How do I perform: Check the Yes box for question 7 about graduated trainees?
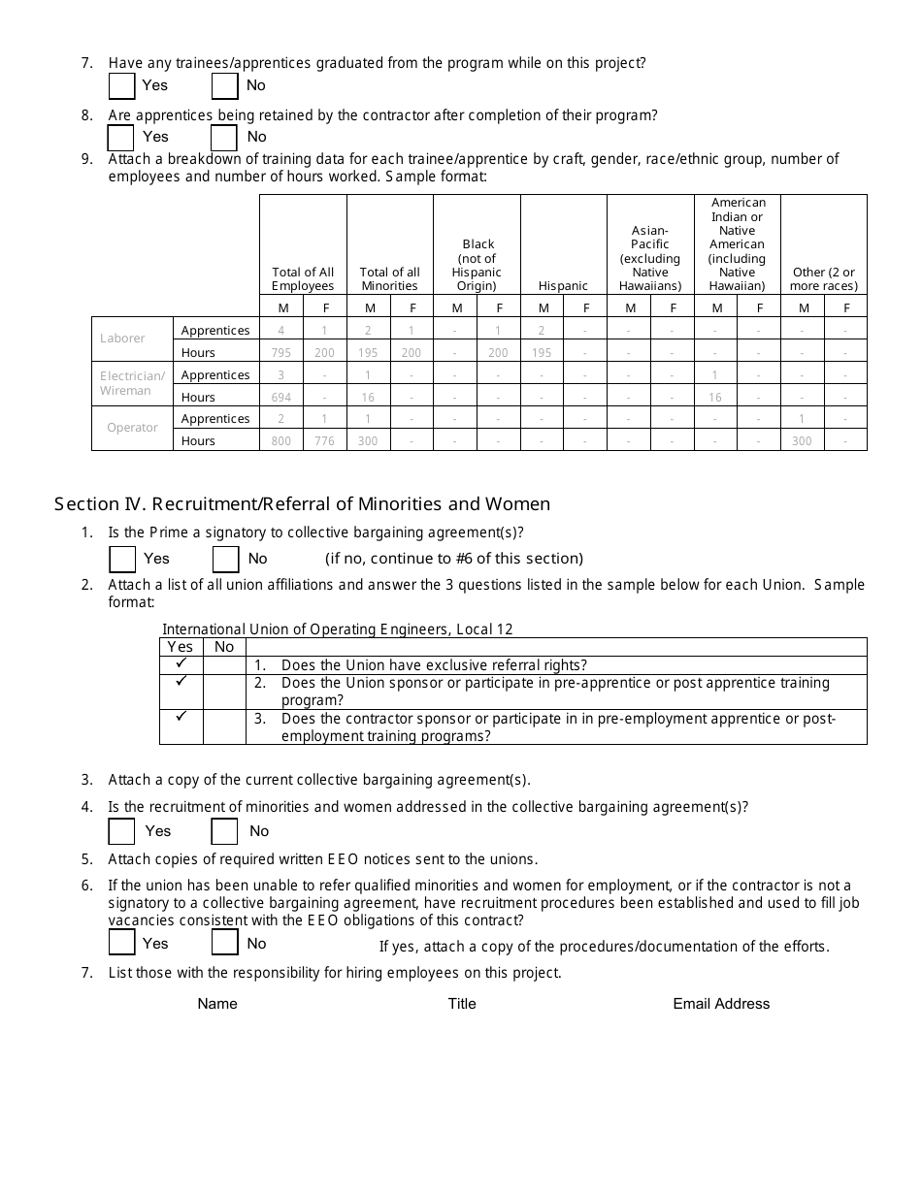pos(122,86)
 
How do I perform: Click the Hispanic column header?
pos(564,286)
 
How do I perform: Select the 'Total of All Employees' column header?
pos(303,279)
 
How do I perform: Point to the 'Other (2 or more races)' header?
pos(823,279)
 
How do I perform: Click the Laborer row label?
pos(123,339)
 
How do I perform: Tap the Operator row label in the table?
pos(132,428)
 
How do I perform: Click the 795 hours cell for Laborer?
pos(281,353)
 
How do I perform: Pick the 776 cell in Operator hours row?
pos(324,441)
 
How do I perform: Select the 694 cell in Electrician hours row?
pos(281,398)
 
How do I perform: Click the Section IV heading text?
pos(302,504)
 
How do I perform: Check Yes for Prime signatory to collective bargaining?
pos(122,560)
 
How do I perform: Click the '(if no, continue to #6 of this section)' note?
pos(453,559)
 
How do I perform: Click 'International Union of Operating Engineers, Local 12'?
pos(338,629)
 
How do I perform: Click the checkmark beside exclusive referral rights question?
pos(181,664)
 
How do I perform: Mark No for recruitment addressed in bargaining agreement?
pos(225,832)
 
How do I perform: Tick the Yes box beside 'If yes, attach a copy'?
pos(122,943)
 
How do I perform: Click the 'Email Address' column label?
pos(721,1004)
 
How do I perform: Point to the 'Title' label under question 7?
pos(462,1004)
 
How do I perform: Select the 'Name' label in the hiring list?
pos(217,1004)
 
